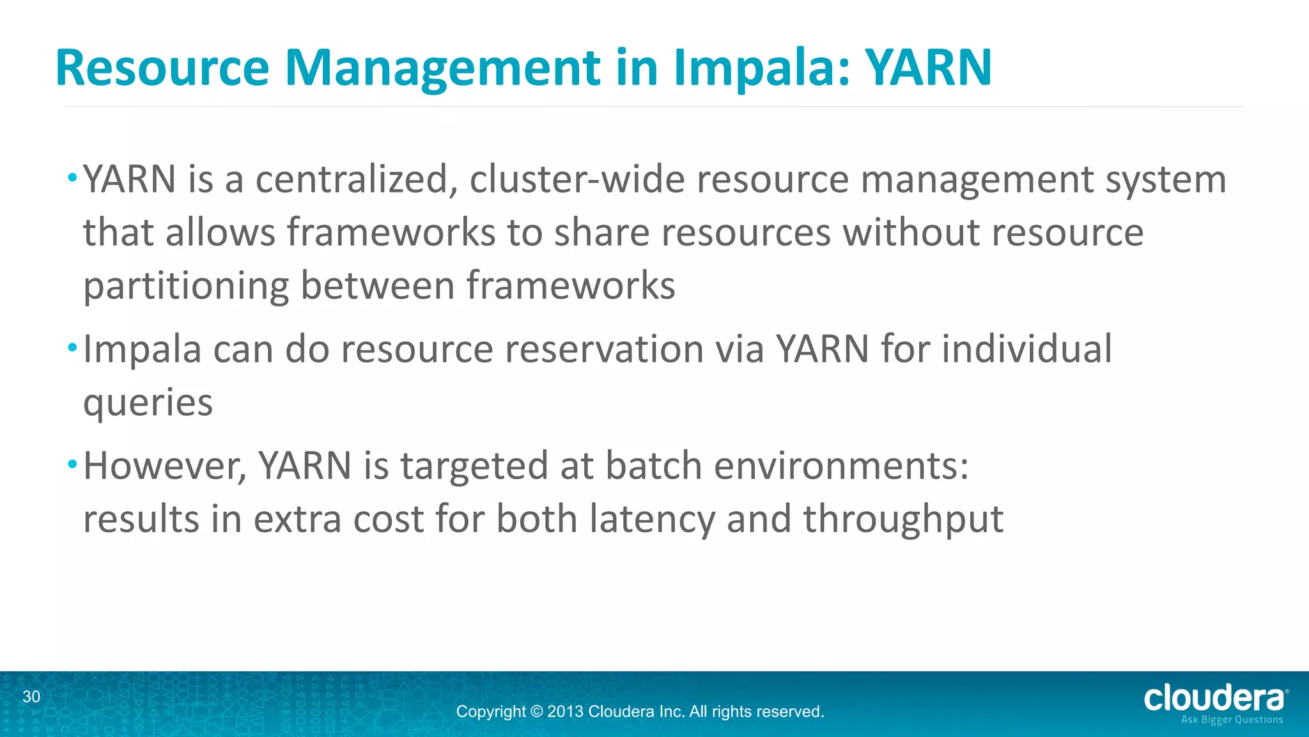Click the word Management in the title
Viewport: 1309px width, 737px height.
tap(442, 68)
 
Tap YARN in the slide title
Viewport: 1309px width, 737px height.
tap(928, 67)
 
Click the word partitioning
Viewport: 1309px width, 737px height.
tap(186, 286)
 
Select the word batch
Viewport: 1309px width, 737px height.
tap(653, 466)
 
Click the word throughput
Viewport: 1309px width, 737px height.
tap(902, 519)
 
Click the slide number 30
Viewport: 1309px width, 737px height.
tap(31, 697)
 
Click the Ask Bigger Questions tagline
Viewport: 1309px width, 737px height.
tap(1232, 720)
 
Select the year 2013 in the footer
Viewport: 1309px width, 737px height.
tap(565, 711)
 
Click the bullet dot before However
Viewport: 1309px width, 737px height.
tap(72, 463)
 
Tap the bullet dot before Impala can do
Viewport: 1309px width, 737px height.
tap(72, 348)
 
